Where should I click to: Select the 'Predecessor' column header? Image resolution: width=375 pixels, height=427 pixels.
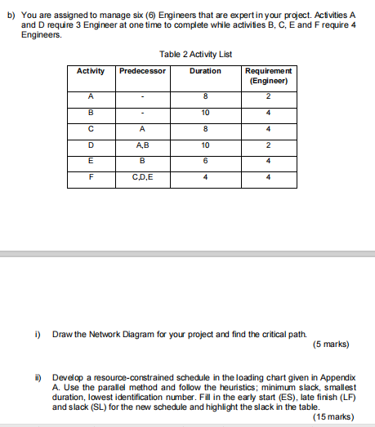click(142, 71)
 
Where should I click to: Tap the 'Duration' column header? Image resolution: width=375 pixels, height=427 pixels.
click(205, 71)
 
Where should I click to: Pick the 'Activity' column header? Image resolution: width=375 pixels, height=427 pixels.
click(91, 71)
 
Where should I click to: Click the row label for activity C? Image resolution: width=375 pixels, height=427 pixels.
click(91, 128)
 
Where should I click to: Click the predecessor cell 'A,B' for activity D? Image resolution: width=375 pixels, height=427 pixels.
click(142, 145)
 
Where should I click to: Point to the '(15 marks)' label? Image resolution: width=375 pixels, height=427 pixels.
click(332, 416)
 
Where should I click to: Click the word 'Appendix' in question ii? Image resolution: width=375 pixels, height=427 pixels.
click(338, 376)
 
